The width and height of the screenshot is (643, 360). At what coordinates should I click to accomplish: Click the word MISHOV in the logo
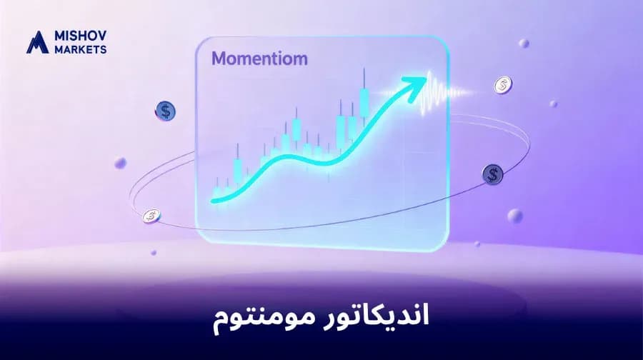coord(79,36)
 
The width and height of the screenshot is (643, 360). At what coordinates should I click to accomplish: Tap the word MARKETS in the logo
coord(79,49)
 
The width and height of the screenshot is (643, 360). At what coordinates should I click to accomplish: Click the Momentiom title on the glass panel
coord(260,59)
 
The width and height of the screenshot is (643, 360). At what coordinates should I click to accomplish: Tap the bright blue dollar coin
coord(166,110)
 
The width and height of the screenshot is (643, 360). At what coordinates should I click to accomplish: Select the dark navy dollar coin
coord(492,172)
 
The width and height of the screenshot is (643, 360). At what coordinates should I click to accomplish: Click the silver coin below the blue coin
coord(151,214)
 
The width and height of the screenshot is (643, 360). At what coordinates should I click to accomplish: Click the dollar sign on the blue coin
coord(166,110)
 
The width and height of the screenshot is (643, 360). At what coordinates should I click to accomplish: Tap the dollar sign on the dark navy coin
coord(492,172)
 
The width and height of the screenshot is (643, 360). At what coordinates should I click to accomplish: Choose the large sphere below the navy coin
coord(514,215)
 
